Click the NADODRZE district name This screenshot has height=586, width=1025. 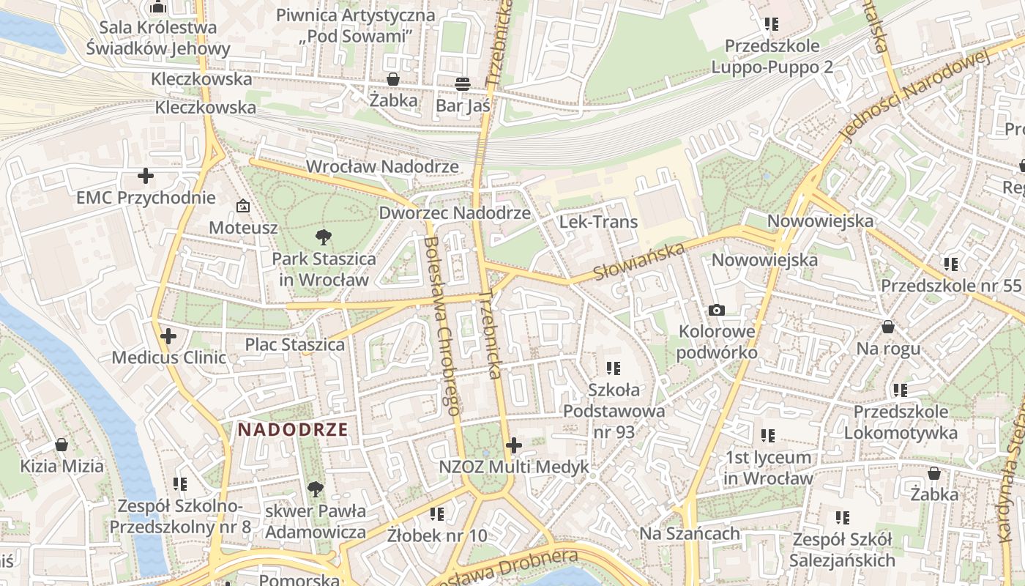click(293, 430)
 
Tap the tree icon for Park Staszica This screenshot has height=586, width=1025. click(323, 237)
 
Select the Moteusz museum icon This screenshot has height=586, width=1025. click(242, 207)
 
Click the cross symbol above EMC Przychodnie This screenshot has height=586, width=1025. click(146, 176)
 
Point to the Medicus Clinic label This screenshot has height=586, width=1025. click(168, 358)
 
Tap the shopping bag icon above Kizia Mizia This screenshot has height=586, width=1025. click(61, 445)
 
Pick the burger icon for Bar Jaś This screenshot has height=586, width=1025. click(462, 84)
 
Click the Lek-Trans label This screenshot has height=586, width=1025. click(598, 222)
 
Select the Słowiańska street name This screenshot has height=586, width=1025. click(638, 262)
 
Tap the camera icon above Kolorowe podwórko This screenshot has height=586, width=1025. click(717, 311)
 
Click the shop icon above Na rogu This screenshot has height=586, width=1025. click(888, 327)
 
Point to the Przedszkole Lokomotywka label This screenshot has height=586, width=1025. click(901, 423)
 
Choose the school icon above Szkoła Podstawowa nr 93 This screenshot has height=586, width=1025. click(614, 368)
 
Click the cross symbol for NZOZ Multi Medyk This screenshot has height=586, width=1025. click(514, 445)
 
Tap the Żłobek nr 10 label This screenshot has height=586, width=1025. click(437, 535)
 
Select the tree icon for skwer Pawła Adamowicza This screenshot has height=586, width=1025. click(316, 489)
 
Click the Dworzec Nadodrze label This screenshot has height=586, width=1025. click(454, 213)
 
